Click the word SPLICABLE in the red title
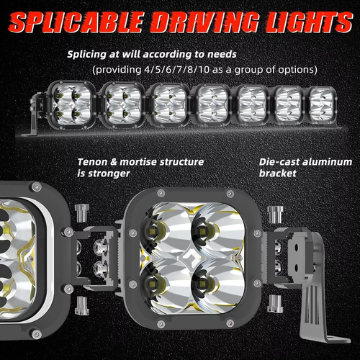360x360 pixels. (x=76, y=22)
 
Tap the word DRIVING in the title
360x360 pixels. (x=205, y=22)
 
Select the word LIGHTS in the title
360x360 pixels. (x=309, y=22)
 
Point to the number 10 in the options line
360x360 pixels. (x=204, y=70)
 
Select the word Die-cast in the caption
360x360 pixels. (x=279, y=162)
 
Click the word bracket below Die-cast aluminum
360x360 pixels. (x=278, y=173)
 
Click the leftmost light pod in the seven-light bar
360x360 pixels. (x=71, y=104)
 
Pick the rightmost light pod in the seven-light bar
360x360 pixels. (x=321, y=104)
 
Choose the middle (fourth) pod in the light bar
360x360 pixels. (x=212, y=104)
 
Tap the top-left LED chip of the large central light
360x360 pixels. (x=152, y=231)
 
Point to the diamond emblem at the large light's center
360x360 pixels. (x=188, y=258)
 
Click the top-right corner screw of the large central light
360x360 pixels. (x=230, y=193)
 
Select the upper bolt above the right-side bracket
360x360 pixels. (x=275, y=215)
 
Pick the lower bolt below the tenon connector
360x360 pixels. (x=82, y=305)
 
